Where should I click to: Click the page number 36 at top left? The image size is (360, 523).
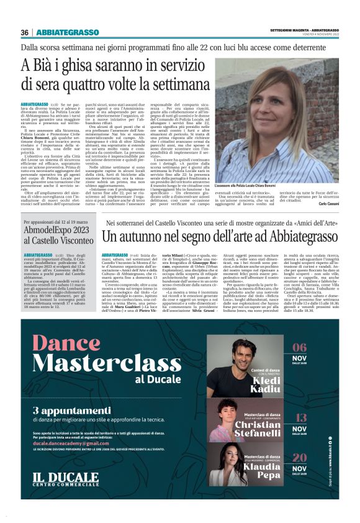[24, 32]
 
